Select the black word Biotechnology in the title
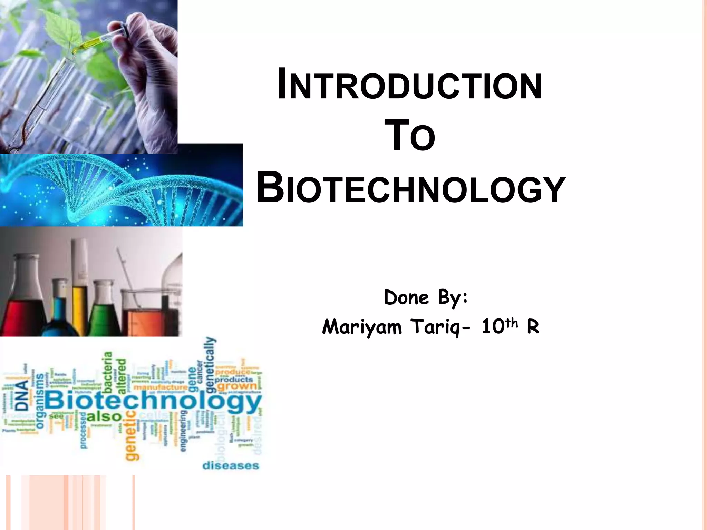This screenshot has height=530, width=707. pyautogui.click(x=410, y=189)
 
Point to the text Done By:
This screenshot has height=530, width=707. pyautogui.click(x=426, y=297)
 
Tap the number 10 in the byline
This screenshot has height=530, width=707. pyautogui.click(x=493, y=327)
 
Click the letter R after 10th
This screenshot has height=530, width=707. pyautogui.click(x=533, y=327)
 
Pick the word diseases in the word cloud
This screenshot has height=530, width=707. pyautogui.click(x=231, y=466)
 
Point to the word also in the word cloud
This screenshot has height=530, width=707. pyautogui.click(x=104, y=417)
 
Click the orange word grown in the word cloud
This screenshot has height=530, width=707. pyautogui.click(x=238, y=386)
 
